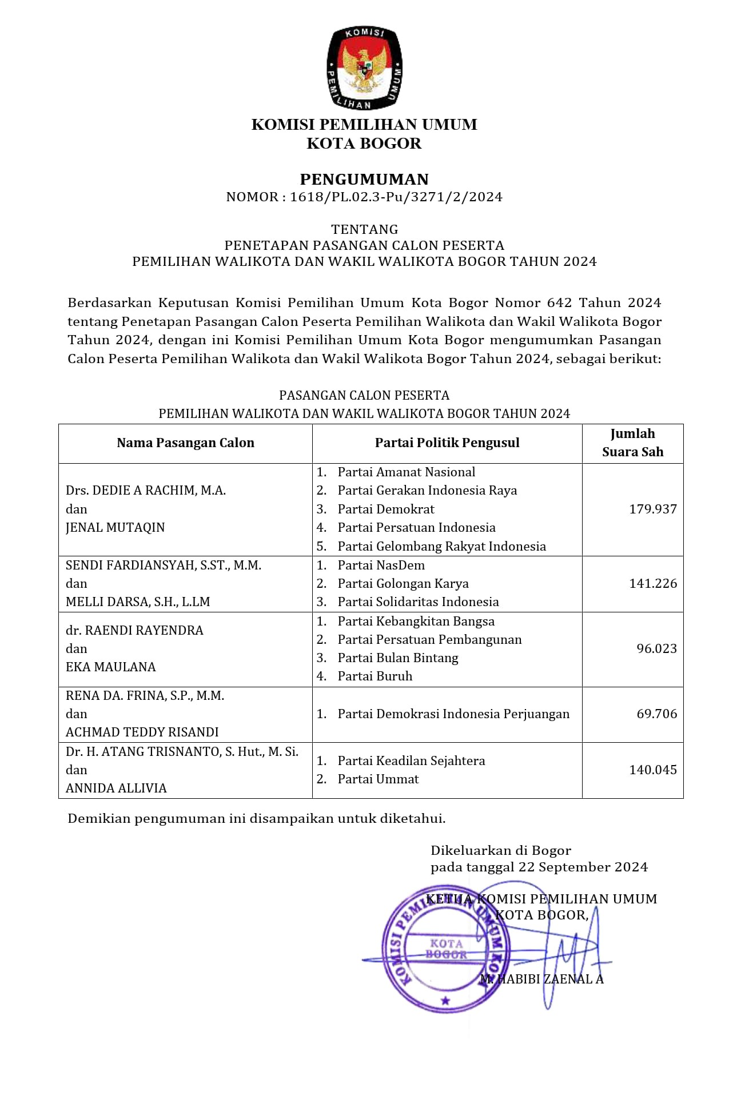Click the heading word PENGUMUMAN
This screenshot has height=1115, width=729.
[x=364, y=180]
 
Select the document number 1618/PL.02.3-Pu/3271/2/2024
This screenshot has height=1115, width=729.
[x=396, y=197]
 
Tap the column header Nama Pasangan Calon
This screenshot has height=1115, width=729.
[x=185, y=443]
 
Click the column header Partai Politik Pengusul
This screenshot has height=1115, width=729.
[x=447, y=443]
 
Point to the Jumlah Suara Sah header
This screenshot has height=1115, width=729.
[x=632, y=443]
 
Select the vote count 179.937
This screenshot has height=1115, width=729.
[x=653, y=509]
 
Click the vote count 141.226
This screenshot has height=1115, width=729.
[x=653, y=584]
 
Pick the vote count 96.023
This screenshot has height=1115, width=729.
[x=656, y=649]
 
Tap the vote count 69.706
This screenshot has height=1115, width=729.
[x=656, y=714]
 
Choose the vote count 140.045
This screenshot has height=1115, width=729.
[x=653, y=770]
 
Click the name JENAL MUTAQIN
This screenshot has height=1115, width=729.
[x=115, y=528]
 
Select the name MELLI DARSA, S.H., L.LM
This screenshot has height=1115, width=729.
[x=138, y=602]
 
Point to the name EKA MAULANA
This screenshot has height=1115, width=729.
[x=111, y=667]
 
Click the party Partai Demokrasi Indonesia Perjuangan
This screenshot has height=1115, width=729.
[x=453, y=714]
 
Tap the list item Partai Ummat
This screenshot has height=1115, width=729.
[x=378, y=779]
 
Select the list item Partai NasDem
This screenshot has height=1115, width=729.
[x=381, y=566]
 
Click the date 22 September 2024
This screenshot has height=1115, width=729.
[x=583, y=867]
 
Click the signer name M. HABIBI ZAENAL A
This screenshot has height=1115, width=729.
[x=541, y=979]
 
